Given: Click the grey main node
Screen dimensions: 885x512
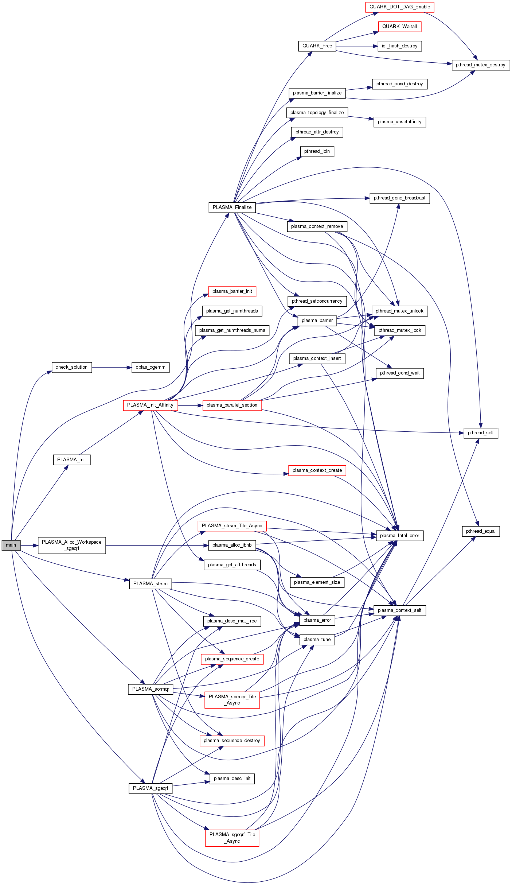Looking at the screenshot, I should pos(11,545).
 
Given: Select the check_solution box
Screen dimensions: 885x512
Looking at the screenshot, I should pos(71,367).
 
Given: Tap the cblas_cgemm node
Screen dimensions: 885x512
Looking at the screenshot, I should pos(150,367).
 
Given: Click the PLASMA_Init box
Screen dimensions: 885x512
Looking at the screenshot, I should pos(71,459).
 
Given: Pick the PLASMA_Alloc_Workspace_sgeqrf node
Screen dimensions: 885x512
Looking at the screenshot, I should pos(72,545).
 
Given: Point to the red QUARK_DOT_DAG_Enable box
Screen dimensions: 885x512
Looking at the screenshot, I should pos(399,7).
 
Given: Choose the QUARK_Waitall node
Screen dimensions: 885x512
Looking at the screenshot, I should pos(399,27).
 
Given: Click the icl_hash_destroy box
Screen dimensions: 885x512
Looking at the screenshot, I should pos(399,46).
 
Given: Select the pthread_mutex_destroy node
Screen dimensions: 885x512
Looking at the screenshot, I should pos(480,65).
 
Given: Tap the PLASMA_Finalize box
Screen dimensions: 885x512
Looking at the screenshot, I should pos(232,207).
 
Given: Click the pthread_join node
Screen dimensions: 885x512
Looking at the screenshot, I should pos(317,151).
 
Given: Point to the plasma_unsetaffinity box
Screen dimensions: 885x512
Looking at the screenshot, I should pos(399,122).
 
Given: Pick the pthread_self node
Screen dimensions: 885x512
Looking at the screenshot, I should pos(480,433).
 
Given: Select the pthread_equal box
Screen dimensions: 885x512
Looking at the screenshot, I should pos(480,531).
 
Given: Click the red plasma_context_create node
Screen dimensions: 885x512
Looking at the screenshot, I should pos(317,470).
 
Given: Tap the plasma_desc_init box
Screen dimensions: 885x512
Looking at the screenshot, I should pos(232,779).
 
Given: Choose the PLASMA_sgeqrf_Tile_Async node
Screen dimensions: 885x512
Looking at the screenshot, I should pos(232,838).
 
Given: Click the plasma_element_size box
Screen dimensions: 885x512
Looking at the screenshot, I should pos(317,582).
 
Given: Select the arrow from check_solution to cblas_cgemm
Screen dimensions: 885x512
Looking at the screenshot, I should pos(112,368).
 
